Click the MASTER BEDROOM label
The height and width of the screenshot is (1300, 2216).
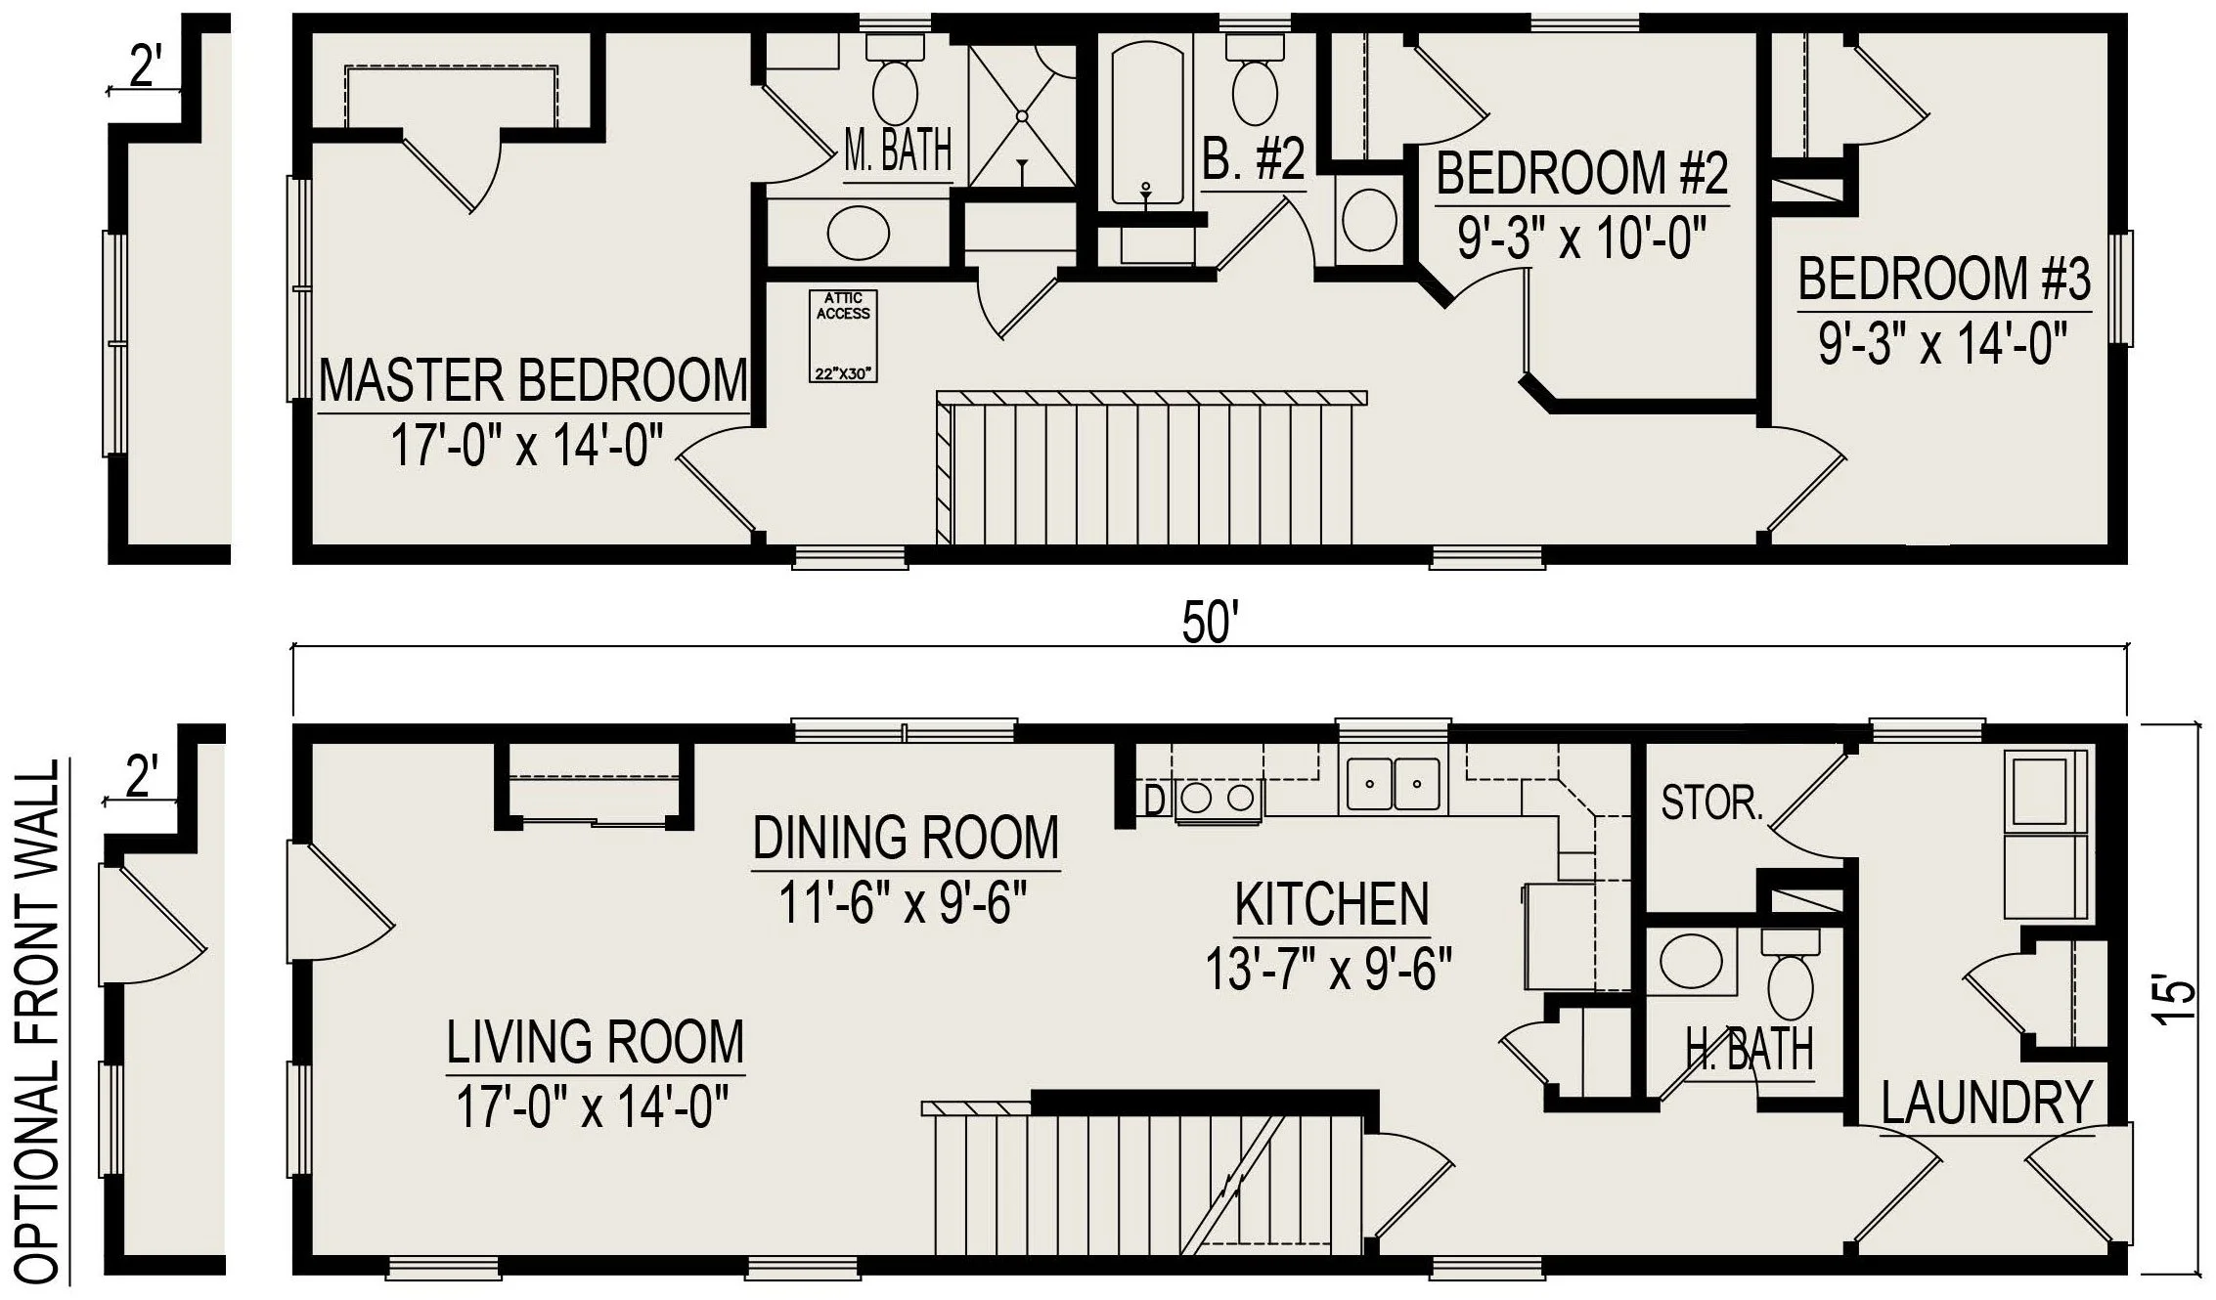tap(534, 381)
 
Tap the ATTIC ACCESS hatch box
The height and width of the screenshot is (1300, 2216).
tap(843, 335)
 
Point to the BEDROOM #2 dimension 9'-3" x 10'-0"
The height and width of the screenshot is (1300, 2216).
tap(1582, 238)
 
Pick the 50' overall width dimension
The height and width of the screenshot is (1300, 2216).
tap(1211, 624)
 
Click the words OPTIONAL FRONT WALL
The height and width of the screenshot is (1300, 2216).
tap(39, 1022)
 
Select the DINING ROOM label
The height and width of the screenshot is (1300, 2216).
tap(906, 838)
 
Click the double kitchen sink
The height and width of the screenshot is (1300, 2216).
tap(1394, 784)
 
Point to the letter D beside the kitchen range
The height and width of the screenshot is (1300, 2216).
tap(1154, 801)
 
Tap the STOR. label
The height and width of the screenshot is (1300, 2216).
tap(1711, 803)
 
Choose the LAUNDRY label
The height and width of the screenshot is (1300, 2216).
tap(1986, 1104)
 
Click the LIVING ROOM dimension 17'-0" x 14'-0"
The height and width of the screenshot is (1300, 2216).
tap(594, 1107)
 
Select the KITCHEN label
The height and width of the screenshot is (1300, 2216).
tap(1332, 904)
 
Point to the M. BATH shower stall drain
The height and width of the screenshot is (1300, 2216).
tap(1022, 116)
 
